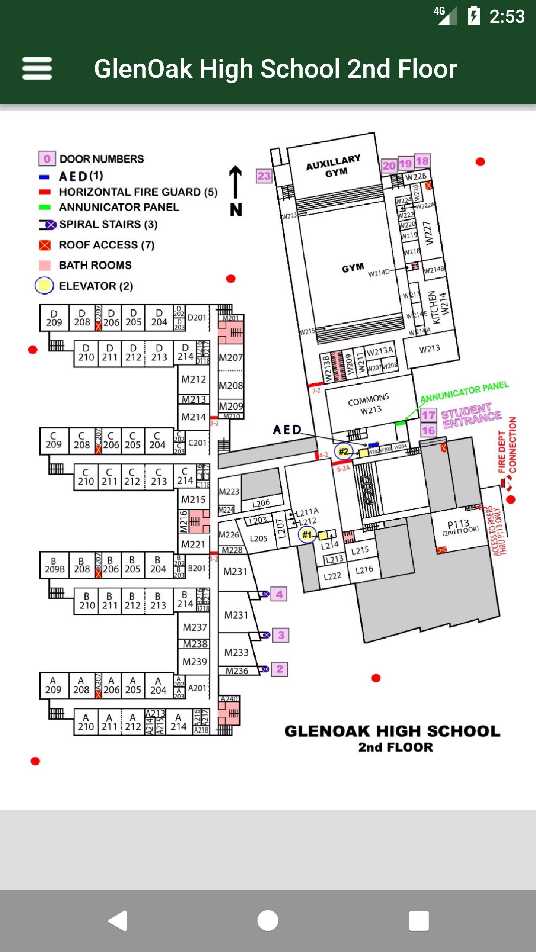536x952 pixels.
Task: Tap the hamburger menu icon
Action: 37,68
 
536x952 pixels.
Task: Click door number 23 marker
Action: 264,176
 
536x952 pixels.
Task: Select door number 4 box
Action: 279,594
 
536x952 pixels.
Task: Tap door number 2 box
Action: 280,669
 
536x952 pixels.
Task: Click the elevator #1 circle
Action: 307,535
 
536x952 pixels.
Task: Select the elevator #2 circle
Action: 343,451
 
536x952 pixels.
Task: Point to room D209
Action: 54,318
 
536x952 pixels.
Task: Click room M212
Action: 194,379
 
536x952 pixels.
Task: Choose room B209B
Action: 54,565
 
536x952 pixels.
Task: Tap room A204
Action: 159,686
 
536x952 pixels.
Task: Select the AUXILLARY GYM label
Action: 334,166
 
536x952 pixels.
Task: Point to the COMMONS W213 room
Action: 369,404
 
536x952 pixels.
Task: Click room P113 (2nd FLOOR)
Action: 459,527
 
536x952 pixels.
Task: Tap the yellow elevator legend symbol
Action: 45,286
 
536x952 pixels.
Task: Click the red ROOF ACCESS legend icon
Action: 45,245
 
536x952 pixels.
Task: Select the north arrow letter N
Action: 236,210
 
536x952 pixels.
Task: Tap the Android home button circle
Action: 268,921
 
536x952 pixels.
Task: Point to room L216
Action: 364,570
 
